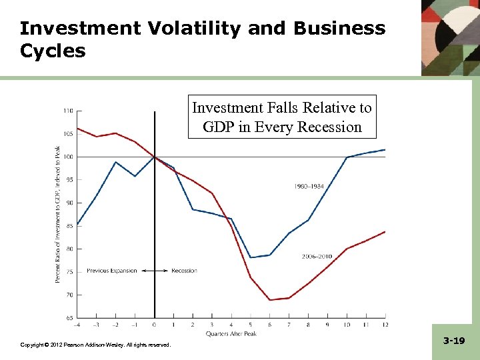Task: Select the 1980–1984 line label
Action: (310, 187)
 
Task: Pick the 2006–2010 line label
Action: (317, 256)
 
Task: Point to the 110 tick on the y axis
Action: (68, 111)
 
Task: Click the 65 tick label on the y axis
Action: (69, 318)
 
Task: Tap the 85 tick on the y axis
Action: (69, 225)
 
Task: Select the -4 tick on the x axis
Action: (77, 325)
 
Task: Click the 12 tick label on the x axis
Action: (384, 325)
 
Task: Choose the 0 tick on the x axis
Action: (155, 325)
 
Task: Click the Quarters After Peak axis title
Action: (231, 333)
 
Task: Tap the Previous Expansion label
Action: (111, 271)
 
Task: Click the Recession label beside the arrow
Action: (184, 271)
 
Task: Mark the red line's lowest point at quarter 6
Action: (270, 300)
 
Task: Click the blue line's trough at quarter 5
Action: (251, 257)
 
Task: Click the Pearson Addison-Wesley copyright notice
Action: (95, 345)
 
